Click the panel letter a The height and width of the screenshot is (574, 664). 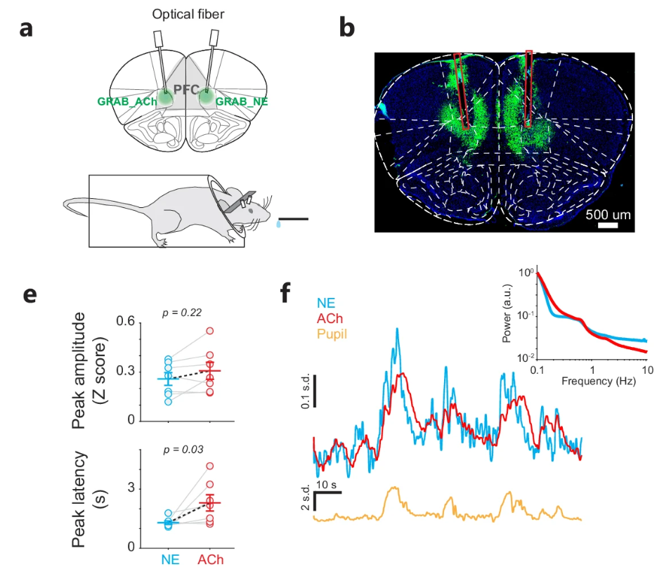click(26, 29)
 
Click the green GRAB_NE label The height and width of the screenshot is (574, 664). click(240, 101)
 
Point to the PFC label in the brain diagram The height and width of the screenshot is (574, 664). click(185, 90)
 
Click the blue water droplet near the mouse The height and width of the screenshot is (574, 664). click(279, 225)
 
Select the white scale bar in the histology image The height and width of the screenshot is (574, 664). click(608, 226)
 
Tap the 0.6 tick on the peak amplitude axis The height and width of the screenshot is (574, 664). click(126, 321)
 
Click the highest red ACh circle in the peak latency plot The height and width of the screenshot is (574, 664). click(210, 466)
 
